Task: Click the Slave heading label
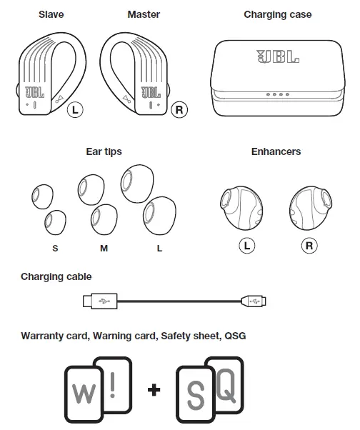pyautogui.click(x=51, y=14)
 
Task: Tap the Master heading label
pyautogui.click(x=144, y=14)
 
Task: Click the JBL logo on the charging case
pyautogui.click(x=278, y=56)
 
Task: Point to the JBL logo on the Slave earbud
pyautogui.click(x=35, y=92)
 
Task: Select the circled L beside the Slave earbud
pyautogui.click(x=75, y=110)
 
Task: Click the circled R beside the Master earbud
pyautogui.click(x=179, y=110)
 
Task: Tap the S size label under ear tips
pyautogui.click(x=55, y=248)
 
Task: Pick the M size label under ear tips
pyautogui.click(x=104, y=248)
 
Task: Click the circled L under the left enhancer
pyautogui.click(x=247, y=246)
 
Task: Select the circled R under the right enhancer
pyautogui.click(x=309, y=246)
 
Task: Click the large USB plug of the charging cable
pyautogui.click(x=100, y=301)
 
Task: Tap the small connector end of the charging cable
pyautogui.click(x=254, y=301)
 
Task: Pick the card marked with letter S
pyautogui.click(x=196, y=394)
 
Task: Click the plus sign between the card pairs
pyautogui.click(x=154, y=390)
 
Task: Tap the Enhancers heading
pyautogui.click(x=276, y=151)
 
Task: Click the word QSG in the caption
pyautogui.click(x=235, y=336)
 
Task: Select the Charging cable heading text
pyautogui.click(x=56, y=276)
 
